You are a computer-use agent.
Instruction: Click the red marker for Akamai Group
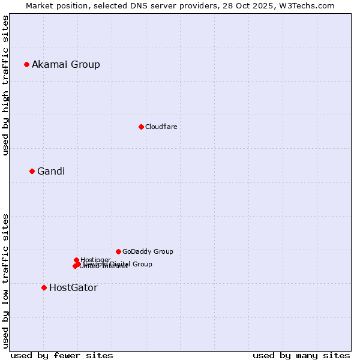[26, 64]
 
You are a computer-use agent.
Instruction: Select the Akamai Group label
[66, 65]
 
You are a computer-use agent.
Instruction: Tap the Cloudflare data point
[141, 127]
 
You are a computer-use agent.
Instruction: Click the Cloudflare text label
[161, 127]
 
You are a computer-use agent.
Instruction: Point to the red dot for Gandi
[32, 171]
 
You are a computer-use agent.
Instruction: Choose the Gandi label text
[51, 172]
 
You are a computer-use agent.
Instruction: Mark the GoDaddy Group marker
[118, 251]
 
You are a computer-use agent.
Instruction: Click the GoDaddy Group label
[148, 252]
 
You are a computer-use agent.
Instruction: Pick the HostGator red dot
[44, 287]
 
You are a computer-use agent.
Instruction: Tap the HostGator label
[73, 288]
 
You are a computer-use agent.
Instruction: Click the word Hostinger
[95, 260]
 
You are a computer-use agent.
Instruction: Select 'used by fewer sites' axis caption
[62, 355]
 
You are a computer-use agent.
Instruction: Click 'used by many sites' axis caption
[301, 355]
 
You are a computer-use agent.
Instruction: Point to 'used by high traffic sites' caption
[5, 85]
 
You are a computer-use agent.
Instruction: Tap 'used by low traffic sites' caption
[5, 281]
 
